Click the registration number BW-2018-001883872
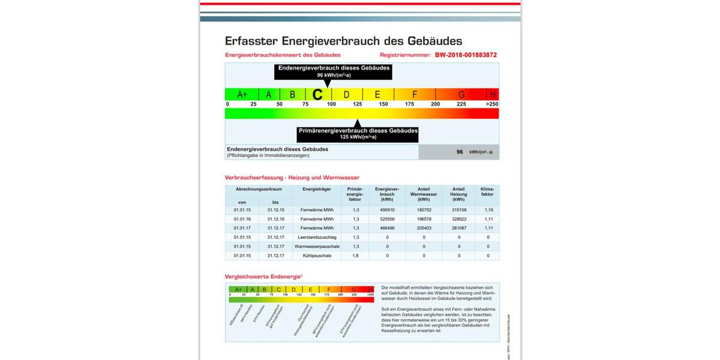pos(466,55)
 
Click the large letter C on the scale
pos(318,94)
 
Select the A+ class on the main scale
pos(242,94)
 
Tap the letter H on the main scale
pos(493,94)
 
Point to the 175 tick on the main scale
pos(409,104)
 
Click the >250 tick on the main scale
pos(492,104)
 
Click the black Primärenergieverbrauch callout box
pos(358,133)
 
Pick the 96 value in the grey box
pos(460,152)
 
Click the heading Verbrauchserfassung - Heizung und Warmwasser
pos(292,178)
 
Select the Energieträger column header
pos(317,189)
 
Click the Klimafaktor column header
pos(488,192)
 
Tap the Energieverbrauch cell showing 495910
pos(387,210)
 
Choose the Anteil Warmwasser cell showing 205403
pos(424,228)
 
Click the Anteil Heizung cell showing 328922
pos(459,219)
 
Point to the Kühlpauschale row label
pos(317,256)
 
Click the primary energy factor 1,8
pos(356,256)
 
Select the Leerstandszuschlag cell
pos(317,237)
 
